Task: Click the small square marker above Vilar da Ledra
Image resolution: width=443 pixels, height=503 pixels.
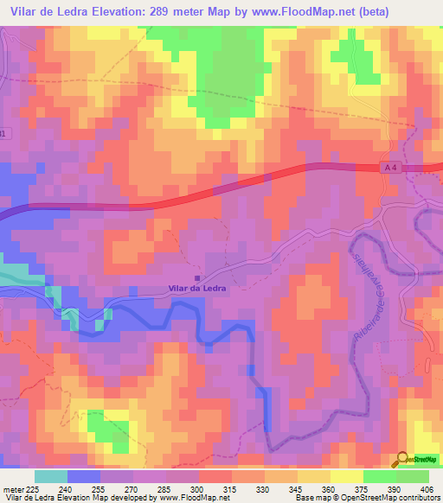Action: coord(196,277)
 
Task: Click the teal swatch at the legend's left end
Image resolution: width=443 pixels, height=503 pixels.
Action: coord(51,476)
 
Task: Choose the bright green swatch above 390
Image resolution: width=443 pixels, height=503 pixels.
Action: coord(380,476)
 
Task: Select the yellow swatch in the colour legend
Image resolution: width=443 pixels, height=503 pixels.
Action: coord(347,476)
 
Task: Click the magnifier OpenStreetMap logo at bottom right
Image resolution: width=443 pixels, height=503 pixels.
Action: coord(401,460)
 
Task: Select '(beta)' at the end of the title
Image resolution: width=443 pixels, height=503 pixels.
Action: coord(365,12)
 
